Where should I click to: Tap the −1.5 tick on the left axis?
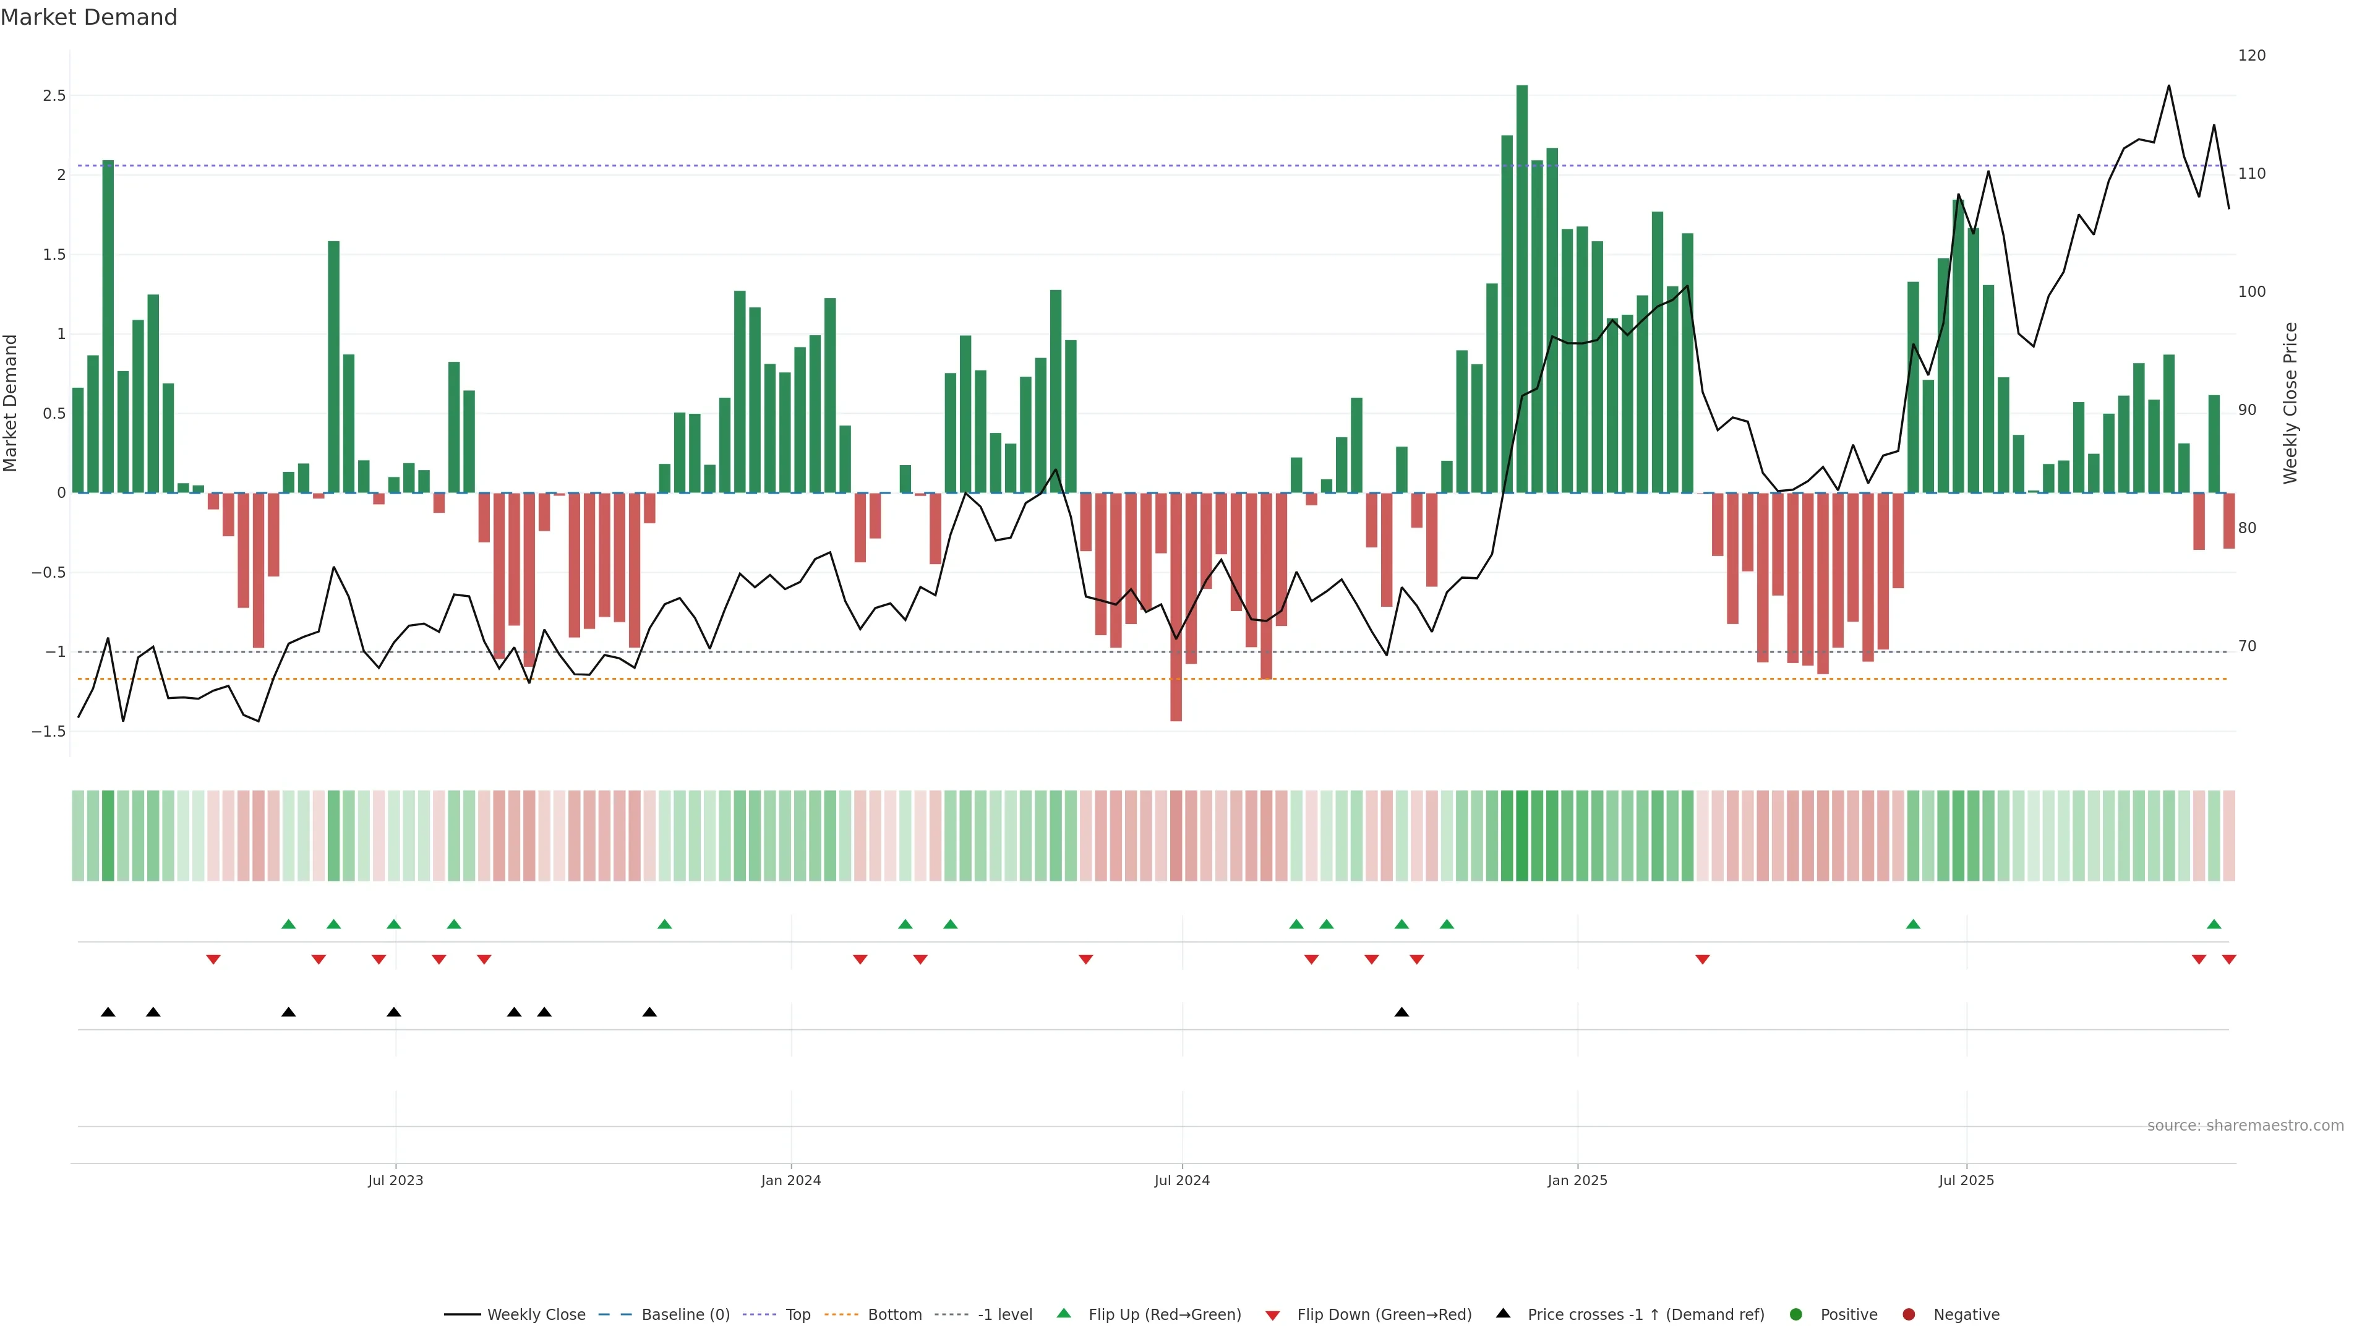(49, 731)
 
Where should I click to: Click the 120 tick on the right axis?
(2251, 55)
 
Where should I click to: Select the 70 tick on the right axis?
(2248, 646)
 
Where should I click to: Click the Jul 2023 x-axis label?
(396, 1180)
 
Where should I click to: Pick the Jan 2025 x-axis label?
(1578, 1180)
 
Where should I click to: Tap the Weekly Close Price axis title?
(2290, 403)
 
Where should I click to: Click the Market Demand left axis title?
(10, 403)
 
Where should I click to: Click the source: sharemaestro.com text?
(2245, 1126)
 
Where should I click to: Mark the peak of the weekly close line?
(2168, 86)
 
